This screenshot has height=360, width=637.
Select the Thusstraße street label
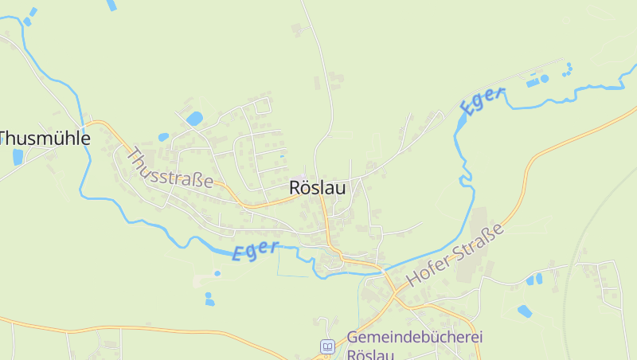170,168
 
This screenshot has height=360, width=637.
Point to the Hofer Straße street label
455,255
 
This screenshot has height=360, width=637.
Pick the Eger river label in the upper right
482,102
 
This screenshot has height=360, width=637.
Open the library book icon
327,346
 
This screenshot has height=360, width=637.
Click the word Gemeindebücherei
415,338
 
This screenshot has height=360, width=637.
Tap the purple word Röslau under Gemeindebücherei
371,354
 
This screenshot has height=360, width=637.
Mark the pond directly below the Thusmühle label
18,157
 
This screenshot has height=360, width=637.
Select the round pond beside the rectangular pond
545,79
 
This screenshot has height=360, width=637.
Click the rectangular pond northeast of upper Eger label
532,82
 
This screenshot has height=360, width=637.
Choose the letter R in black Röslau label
295,189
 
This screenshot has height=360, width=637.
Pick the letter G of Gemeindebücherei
353,338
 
